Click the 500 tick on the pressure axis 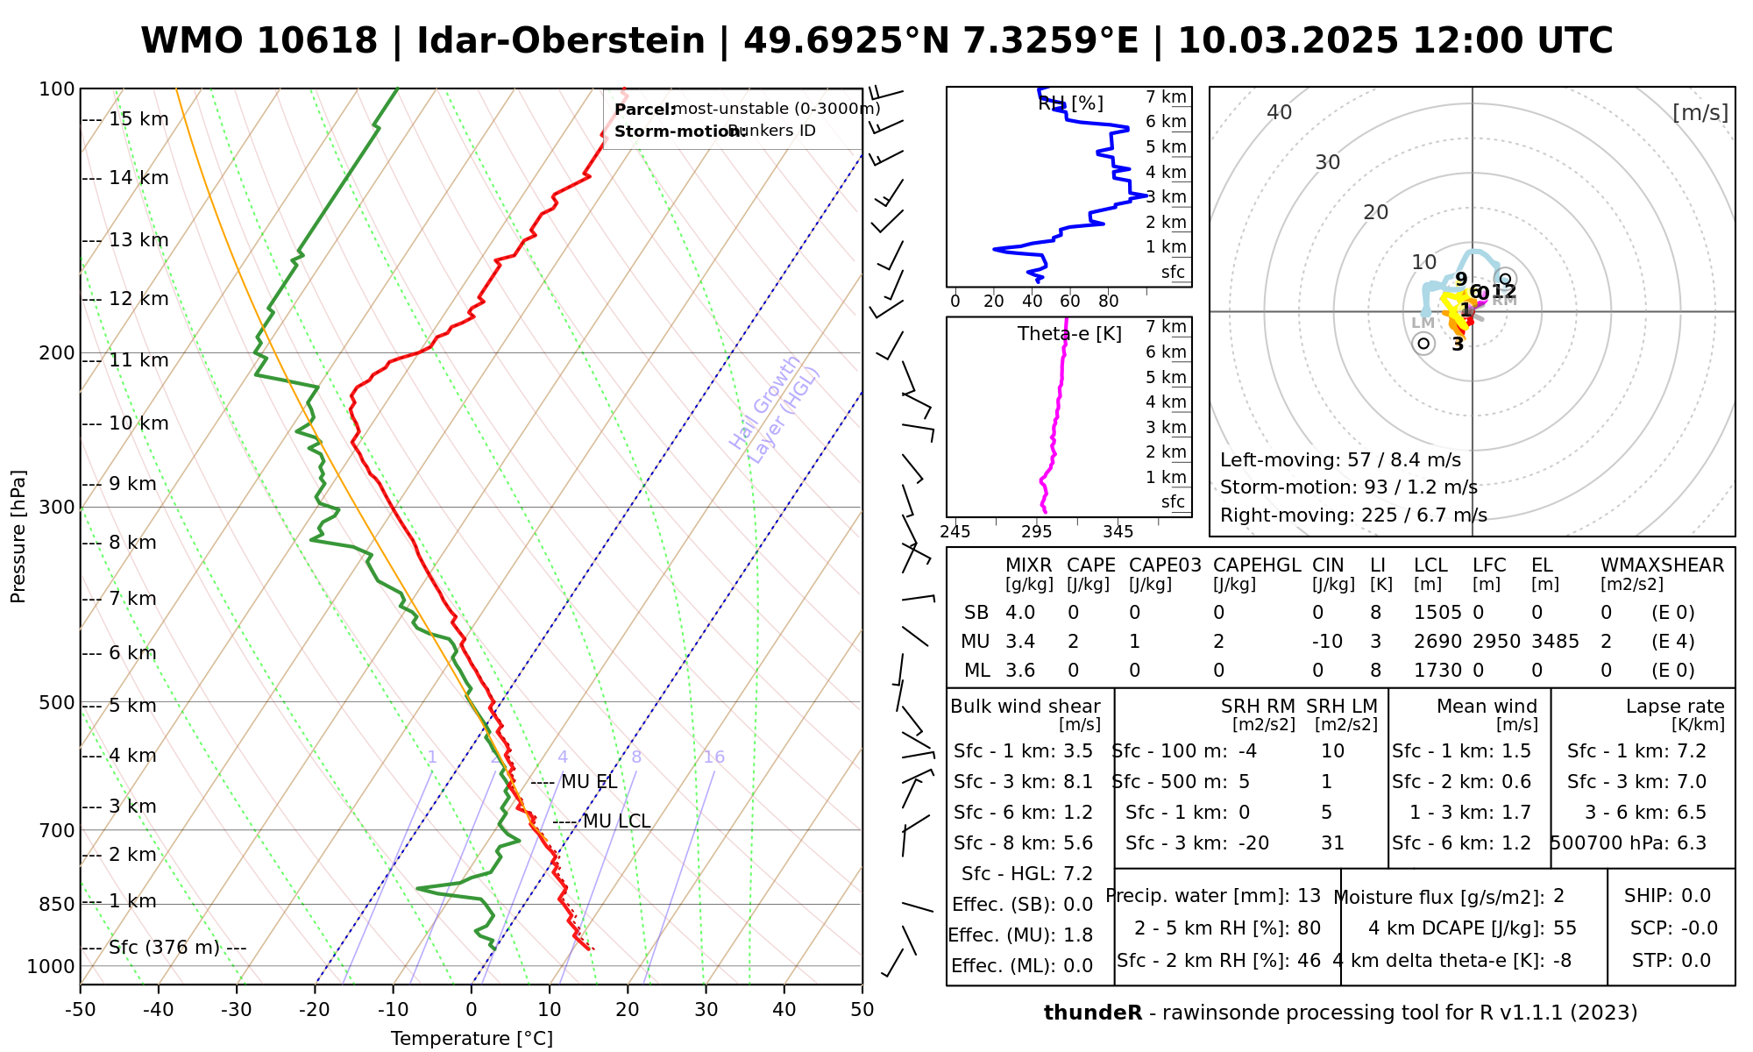point(58,703)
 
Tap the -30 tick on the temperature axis point(237,1010)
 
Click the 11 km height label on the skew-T point(138,360)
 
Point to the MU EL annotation point(589,782)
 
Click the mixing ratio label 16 point(713,757)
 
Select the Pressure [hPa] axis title point(18,537)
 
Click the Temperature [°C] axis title point(472,1039)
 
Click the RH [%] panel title point(1070,103)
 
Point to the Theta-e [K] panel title point(1069,334)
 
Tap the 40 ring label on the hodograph point(1280,112)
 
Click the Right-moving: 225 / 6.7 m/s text point(1353,515)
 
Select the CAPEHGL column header point(1257,565)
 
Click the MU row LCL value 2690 point(1437,642)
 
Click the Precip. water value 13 point(1309,896)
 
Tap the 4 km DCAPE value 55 point(1565,928)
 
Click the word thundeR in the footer point(1093,1013)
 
